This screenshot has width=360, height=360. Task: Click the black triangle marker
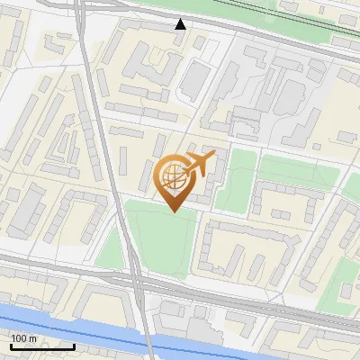click(x=181, y=24)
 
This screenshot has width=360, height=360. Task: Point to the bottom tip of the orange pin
click(x=172, y=211)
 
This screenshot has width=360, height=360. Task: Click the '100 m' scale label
click(x=24, y=337)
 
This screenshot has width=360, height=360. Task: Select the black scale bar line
click(x=41, y=346)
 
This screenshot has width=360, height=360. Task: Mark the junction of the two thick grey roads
click(x=132, y=277)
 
